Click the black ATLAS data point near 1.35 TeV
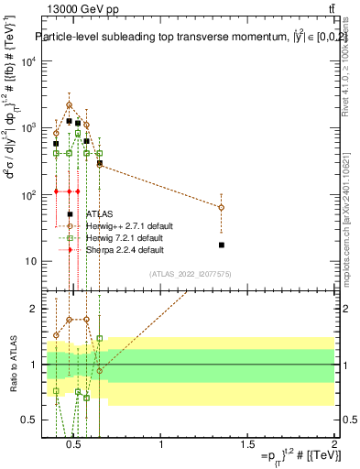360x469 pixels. (222, 245)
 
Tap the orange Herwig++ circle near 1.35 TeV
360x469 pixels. (222, 208)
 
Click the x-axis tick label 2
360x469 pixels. (333, 445)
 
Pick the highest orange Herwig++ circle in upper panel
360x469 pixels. (69, 105)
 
